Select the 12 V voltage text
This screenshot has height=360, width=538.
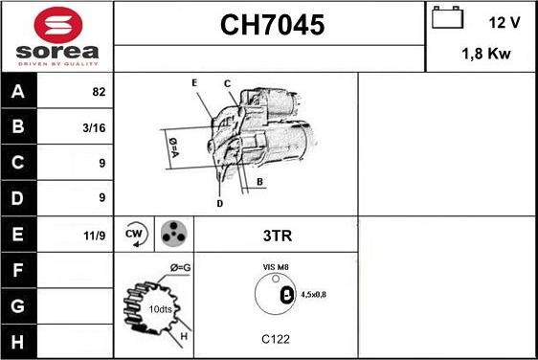(503, 21)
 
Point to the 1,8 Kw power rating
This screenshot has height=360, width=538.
(485, 56)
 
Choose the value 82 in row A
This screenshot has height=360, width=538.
(99, 92)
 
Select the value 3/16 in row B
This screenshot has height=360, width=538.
(96, 127)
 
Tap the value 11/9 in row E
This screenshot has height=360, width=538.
(96, 234)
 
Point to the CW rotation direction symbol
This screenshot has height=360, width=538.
(134, 233)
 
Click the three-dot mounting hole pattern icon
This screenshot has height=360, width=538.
(173, 233)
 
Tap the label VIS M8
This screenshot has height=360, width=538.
(276, 267)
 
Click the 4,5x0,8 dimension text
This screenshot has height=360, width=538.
(313, 294)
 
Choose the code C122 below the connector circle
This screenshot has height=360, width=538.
(276, 339)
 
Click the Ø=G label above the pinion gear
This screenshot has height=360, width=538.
(180, 267)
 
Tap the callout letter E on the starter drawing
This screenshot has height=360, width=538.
(194, 83)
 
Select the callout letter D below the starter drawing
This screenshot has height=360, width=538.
(219, 203)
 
